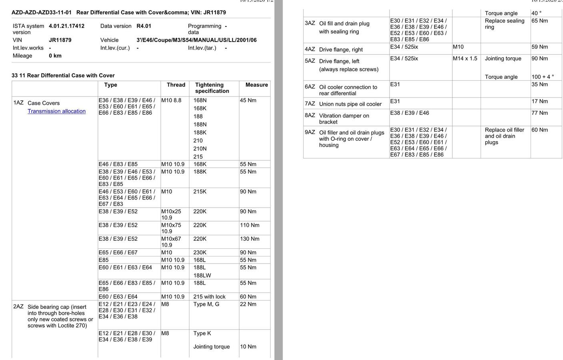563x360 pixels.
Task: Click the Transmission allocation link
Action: tap(56, 111)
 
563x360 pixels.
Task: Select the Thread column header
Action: tap(176, 85)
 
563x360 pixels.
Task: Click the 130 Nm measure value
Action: tap(250, 239)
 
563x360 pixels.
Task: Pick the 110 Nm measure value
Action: tap(250, 225)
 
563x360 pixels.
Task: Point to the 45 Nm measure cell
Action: tap(248, 100)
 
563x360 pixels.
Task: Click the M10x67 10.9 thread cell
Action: tap(171, 242)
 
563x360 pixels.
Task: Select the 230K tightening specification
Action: tap(200, 252)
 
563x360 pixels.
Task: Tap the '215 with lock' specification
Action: tap(209, 297)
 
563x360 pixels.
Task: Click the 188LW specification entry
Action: tap(202, 276)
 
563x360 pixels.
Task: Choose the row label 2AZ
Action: tap(18, 306)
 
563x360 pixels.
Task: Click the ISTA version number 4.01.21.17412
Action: tap(66, 26)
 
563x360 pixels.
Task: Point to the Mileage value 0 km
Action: tap(55, 56)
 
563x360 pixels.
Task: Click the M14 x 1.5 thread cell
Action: tap(465, 58)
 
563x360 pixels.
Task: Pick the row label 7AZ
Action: tap(310, 104)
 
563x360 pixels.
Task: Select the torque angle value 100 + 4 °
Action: tap(543, 77)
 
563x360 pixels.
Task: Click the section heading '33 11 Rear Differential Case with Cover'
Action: tap(63, 76)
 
